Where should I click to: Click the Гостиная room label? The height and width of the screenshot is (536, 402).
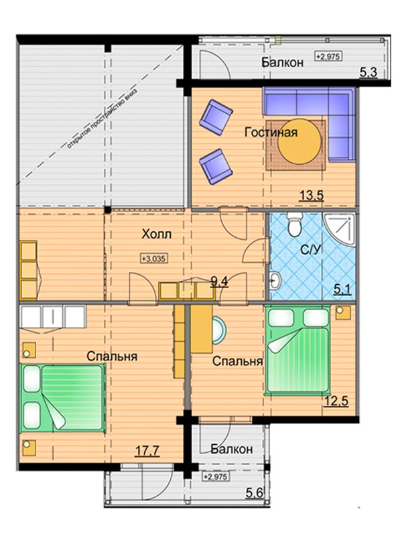pyautogui.click(x=271, y=132)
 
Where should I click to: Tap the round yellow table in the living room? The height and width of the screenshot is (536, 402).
pyautogui.click(x=299, y=141)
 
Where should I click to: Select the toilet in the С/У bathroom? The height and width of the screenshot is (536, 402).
pyautogui.click(x=295, y=224)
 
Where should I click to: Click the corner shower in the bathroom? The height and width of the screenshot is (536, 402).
pyautogui.click(x=339, y=229)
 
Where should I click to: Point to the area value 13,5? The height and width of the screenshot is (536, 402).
pyautogui.click(x=312, y=196)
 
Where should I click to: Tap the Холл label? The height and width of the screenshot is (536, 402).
pyautogui.click(x=157, y=234)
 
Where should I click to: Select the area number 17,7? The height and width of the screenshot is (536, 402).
pyautogui.click(x=147, y=451)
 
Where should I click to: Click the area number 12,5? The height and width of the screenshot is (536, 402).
pyautogui.click(x=336, y=400)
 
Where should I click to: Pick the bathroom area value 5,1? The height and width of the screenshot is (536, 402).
pyautogui.click(x=342, y=290)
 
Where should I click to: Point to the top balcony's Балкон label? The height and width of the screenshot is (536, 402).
pyautogui.click(x=282, y=62)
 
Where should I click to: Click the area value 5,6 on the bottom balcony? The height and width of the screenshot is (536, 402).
pyautogui.click(x=255, y=492)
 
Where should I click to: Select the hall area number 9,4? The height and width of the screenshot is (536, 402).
pyautogui.click(x=219, y=282)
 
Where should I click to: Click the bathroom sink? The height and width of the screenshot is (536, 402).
pyautogui.click(x=275, y=281)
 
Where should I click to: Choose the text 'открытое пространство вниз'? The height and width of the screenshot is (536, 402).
pyautogui.click(x=102, y=119)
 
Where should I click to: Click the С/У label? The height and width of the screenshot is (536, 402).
pyautogui.click(x=311, y=250)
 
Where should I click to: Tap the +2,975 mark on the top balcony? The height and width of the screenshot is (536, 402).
pyautogui.click(x=328, y=56)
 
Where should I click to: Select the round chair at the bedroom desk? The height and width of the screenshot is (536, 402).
pyautogui.click(x=219, y=330)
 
